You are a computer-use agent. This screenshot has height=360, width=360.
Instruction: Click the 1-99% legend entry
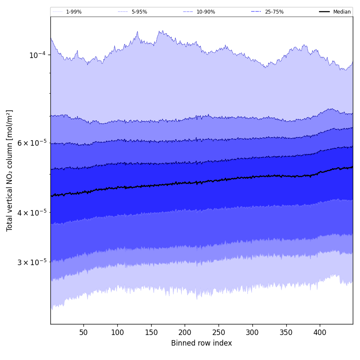pos(73,12)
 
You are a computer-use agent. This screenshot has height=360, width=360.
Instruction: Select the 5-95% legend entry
pos(139,12)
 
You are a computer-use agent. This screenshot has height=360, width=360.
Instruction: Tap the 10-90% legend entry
pos(205,12)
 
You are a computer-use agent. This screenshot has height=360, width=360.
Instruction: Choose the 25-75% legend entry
pos(274,12)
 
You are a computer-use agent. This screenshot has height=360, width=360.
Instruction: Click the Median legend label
pos(342,12)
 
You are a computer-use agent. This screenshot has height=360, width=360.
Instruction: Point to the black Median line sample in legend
pos(324,12)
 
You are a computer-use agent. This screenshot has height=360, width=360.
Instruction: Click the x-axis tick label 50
pos(83,333)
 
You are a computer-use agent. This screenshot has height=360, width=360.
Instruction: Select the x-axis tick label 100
pos(117,333)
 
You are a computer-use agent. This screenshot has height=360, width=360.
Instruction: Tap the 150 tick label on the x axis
pos(151,333)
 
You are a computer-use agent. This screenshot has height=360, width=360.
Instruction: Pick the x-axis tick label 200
pos(185,333)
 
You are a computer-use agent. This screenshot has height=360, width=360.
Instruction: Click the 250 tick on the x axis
pos(219,333)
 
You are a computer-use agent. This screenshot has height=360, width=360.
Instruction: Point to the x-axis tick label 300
pos(252,333)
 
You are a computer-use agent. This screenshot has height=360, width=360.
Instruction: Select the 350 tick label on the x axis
pos(286,333)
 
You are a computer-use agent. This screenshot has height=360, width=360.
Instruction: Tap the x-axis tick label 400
pos(320,333)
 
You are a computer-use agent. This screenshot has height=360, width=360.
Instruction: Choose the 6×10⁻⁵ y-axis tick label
pos(32,143)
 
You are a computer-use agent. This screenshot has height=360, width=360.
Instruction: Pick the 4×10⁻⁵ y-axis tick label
pos(32,213)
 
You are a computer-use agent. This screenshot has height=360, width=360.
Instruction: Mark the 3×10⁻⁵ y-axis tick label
pos(32,262)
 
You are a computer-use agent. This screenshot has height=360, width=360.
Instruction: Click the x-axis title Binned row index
pos(202,343)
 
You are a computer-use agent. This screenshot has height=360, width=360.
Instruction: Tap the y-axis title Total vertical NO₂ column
pos(10,171)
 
